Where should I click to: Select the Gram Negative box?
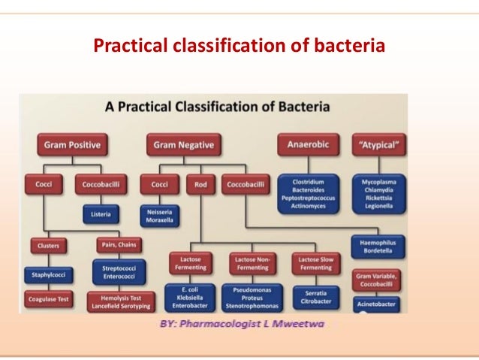point(183,144)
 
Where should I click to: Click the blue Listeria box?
point(101,214)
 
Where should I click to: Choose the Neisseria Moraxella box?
point(159,214)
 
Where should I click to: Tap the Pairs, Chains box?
point(117,244)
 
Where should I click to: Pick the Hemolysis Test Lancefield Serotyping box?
point(117,301)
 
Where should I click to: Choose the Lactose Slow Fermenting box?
point(315,264)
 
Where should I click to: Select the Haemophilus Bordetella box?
point(378,246)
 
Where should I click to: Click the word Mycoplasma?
point(378,182)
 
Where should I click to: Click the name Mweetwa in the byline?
point(300,327)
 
